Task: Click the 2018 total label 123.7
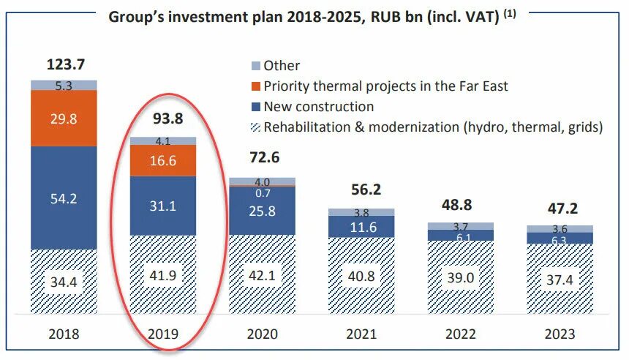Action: (64, 64)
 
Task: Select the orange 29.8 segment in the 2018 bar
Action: (64, 119)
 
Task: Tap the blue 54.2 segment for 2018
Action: (64, 198)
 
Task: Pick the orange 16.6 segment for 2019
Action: (162, 160)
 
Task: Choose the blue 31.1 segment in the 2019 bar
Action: (162, 206)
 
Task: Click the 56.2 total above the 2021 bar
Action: (361, 190)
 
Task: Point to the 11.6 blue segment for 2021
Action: (361, 228)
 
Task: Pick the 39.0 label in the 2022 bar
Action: (461, 279)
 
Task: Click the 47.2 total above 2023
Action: (560, 207)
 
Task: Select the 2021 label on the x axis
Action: (361, 334)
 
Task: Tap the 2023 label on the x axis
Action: (560, 334)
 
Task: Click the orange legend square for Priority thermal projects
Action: (255, 86)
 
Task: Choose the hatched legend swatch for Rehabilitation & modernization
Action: (255, 127)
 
